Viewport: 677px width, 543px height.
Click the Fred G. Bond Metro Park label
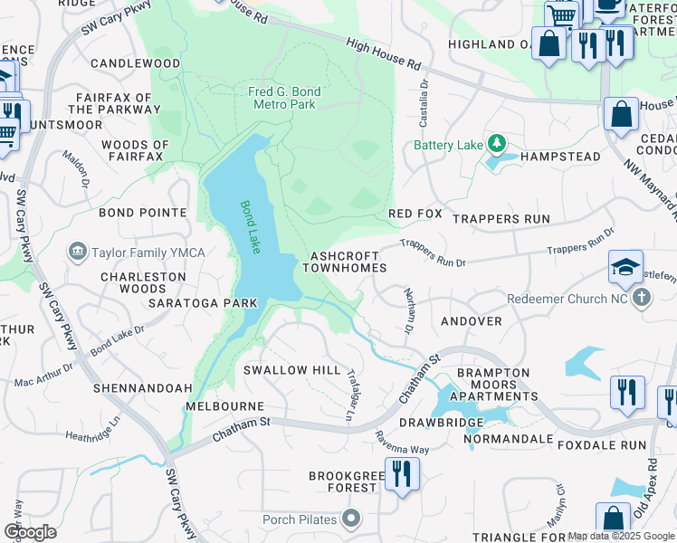(281, 98)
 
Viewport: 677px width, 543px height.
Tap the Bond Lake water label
(249, 226)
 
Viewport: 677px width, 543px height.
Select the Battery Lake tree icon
(496, 144)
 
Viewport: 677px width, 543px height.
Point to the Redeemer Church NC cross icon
(641, 298)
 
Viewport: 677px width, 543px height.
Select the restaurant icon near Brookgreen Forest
(402, 473)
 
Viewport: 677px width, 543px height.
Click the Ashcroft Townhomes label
(344, 262)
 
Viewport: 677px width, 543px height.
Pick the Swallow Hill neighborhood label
(291, 370)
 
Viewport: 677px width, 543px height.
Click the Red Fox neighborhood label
(415, 213)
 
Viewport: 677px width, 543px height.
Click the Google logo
(30, 531)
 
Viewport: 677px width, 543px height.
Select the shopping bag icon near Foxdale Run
(613, 520)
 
